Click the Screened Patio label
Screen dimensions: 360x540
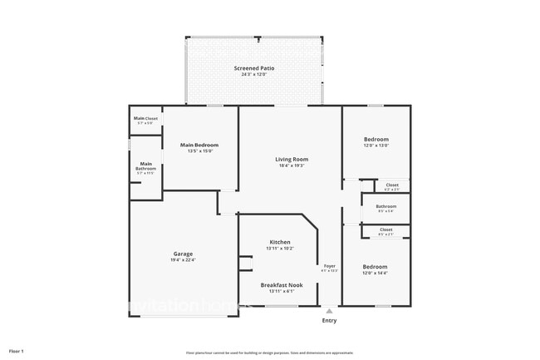click(x=255, y=68)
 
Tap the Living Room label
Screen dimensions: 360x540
click(x=292, y=159)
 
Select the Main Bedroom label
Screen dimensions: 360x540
click(x=199, y=145)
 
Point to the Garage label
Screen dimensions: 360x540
click(x=184, y=254)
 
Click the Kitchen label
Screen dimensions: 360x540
click(x=279, y=241)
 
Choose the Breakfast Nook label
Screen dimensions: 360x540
click(x=281, y=284)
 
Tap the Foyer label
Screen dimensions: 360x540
click(x=329, y=265)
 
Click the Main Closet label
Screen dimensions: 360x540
click(x=145, y=119)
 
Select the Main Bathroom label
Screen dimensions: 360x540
click(x=145, y=165)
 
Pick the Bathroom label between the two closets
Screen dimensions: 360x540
click(x=385, y=206)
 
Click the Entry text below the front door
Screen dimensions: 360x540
click(x=329, y=320)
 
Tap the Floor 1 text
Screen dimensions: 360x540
click(x=17, y=352)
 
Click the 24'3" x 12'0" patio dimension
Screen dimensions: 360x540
click(x=255, y=75)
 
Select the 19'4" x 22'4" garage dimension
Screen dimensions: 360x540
click(x=184, y=260)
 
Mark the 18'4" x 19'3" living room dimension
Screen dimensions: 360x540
click(x=292, y=165)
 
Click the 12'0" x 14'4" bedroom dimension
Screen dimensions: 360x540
click(x=376, y=273)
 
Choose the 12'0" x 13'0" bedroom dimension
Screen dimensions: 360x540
click(x=376, y=145)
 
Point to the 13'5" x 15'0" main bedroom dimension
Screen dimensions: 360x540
click(x=199, y=151)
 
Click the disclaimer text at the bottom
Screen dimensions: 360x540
click(x=269, y=353)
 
